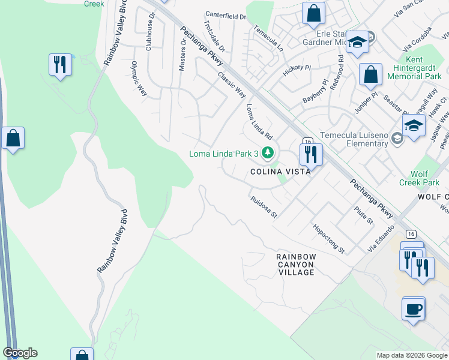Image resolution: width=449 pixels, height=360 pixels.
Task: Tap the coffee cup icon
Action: (x=414, y=309)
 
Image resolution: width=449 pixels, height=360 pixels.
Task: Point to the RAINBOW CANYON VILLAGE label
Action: (x=296, y=264)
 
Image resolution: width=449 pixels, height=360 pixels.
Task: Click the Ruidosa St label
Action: (x=264, y=205)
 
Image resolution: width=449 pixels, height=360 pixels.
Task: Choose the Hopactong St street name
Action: (x=328, y=238)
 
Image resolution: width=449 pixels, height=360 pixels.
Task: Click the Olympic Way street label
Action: (x=139, y=79)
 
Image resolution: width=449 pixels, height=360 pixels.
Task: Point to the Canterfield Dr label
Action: (x=226, y=15)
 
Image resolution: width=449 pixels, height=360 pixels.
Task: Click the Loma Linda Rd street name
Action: (x=259, y=121)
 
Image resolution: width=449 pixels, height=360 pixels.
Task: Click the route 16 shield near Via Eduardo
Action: (x=411, y=233)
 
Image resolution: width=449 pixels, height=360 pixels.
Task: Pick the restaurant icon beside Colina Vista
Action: (x=310, y=155)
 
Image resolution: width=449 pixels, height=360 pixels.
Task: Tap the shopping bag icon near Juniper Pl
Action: (x=371, y=75)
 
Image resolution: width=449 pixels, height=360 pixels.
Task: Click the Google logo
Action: (x=20, y=353)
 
